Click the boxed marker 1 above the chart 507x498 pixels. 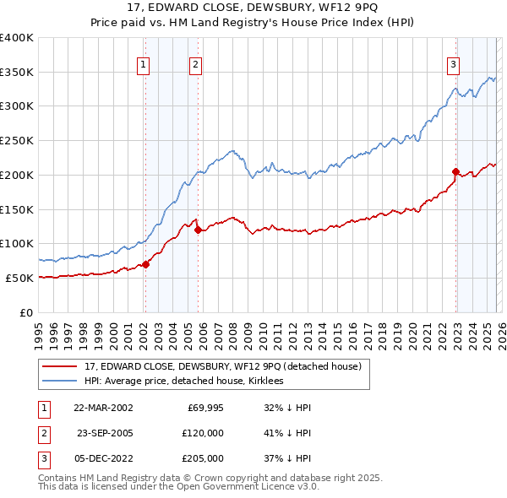click(143, 64)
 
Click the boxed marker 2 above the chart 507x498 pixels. click(195, 64)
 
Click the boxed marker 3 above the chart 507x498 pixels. click(453, 64)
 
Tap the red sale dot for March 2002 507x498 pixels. click(145, 264)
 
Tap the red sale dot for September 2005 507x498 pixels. click(198, 230)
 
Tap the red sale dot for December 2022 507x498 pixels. click(455, 171)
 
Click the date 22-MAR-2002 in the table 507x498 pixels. click(103, 407)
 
